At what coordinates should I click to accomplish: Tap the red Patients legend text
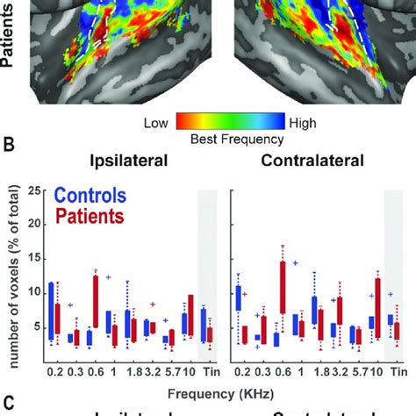pyautogui.click(x=91, y=217)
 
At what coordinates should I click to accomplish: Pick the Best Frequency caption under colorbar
pyautogui.click(x=230, y=139)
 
